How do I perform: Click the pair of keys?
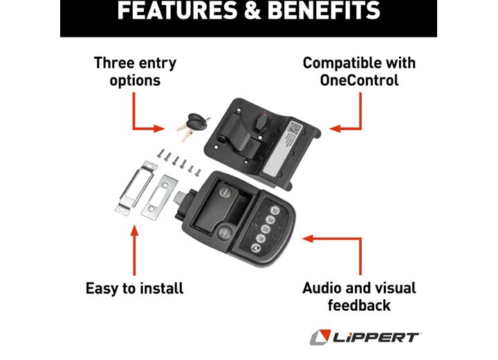pyautogui.click(x=192, y=125)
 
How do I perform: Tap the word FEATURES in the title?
pyautogui.click(x=176, y=11)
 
